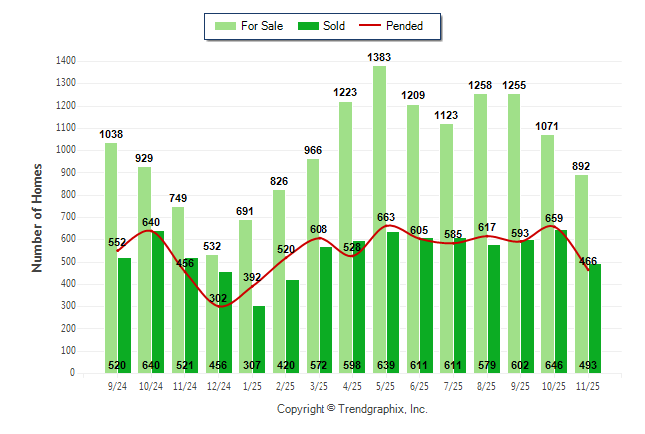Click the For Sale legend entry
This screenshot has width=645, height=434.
click(x=249, y=26)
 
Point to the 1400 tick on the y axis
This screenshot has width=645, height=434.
click(x=66, y=61)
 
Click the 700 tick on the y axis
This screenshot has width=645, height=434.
click(x=69, y=217)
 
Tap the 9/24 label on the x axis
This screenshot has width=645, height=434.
click(x=118, y=384)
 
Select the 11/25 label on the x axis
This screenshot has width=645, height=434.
click(x=588, y=384)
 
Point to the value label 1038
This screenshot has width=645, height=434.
click(x=111, y=134)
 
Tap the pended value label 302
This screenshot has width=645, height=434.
click(x=218, y=297)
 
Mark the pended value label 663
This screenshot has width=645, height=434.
click(x=385, y=217)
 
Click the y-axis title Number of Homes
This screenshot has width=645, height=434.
click(x=38, y=217)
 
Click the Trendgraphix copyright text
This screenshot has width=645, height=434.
click(x=351, y=409)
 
